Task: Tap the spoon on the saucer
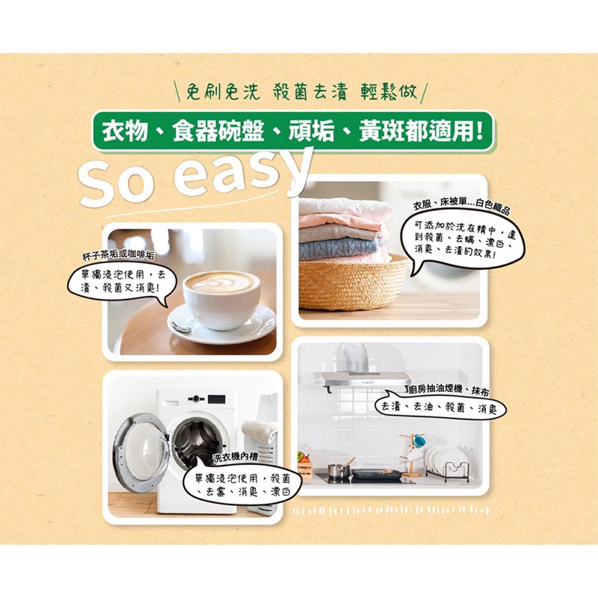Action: pyautogui.click(x=182, y=327)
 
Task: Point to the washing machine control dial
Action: pyautogui.click(x=196, y=399)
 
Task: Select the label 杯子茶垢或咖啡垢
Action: pyautogui.click(x=119, y=256)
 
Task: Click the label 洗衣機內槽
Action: pyautogui.click(x=235, y=457)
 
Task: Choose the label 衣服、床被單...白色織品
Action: pyautogui.click(x=461, y=206)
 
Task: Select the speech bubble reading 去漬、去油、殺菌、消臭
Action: pyautogui.click(x=440, y=408)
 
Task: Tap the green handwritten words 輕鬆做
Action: pyautogui.click(x=389, y=92)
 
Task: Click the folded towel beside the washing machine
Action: pyautogui.click(x=259, y=430)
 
